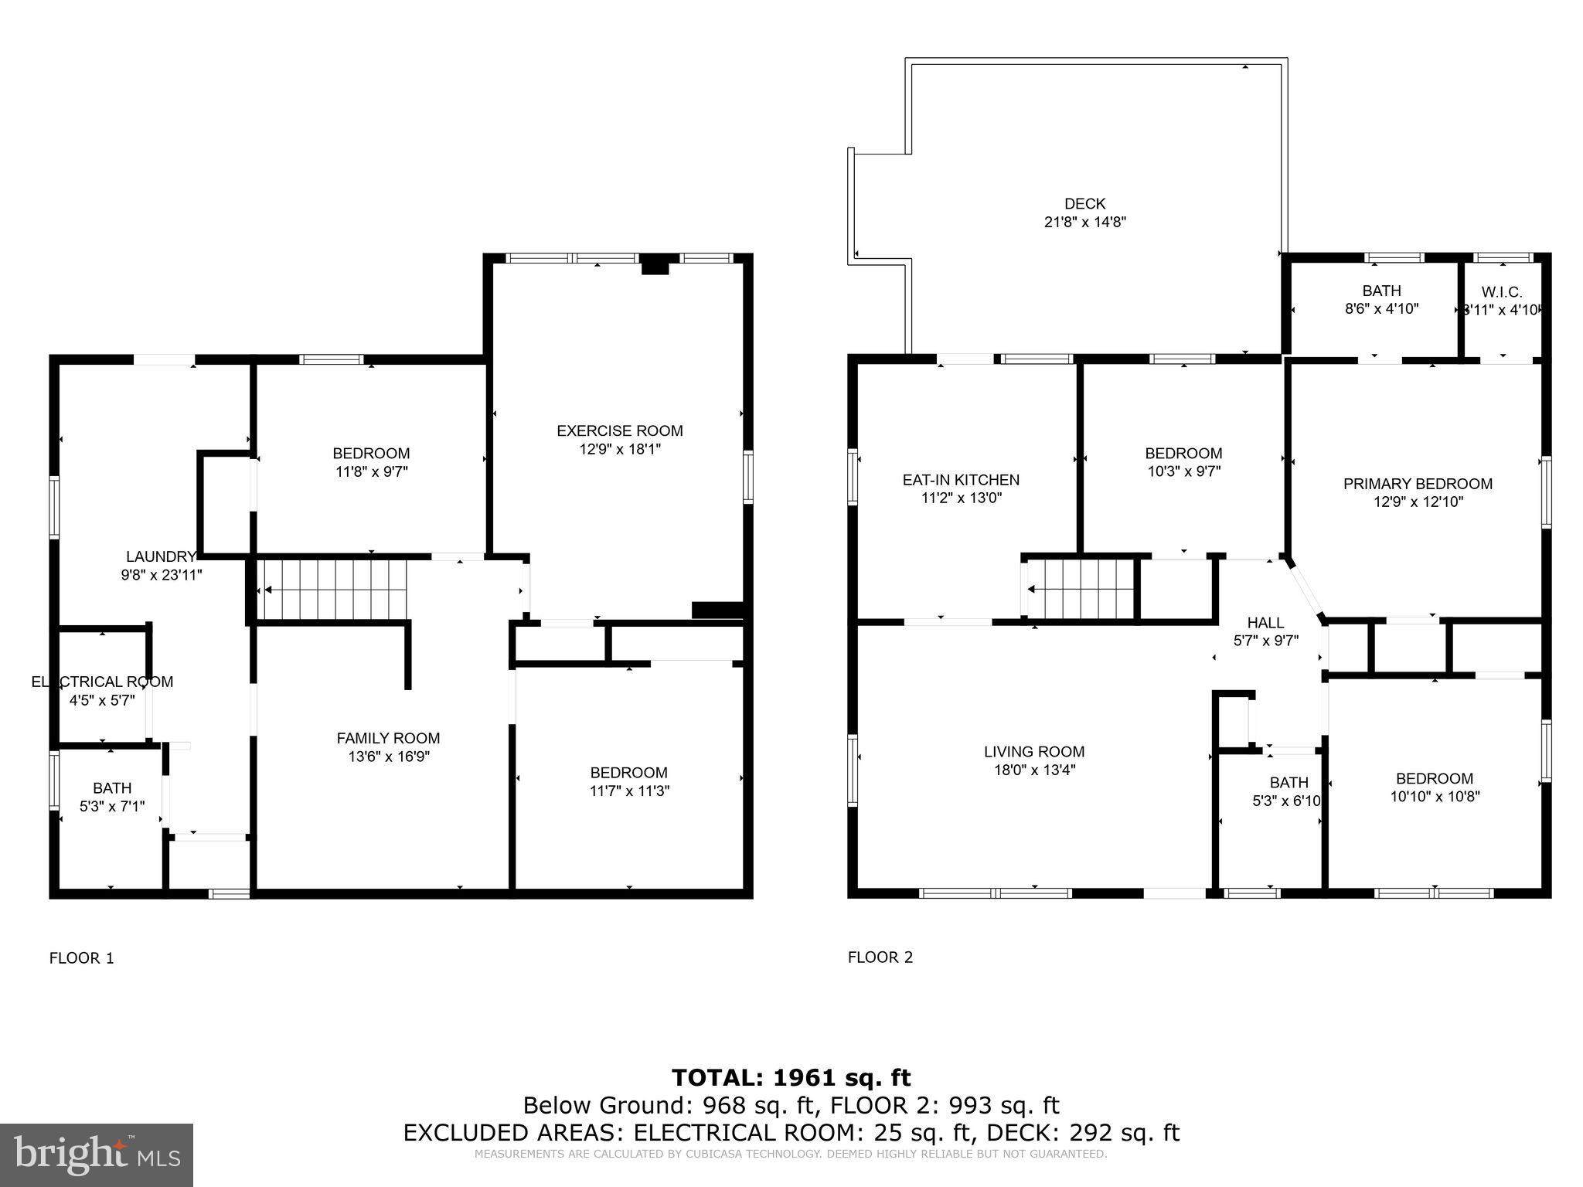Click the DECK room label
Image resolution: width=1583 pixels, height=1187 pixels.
(x=1084, y=204)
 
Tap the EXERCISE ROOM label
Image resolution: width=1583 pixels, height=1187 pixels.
(x=620, y=431)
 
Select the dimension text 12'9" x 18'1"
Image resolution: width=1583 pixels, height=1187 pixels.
(x=620, y=449)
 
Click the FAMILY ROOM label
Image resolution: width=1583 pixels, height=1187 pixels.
(x=388, y=739)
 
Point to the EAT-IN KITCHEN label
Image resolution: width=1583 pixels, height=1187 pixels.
(x=961, y=480)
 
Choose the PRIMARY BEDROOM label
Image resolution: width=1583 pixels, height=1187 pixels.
(x=1418, y=484)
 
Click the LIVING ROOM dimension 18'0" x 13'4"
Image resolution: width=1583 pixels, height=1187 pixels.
(x=1034, y=770)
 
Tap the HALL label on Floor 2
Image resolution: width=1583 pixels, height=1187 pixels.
(x=1265, y=623)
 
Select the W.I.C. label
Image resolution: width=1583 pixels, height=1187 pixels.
(x=1502, y=293)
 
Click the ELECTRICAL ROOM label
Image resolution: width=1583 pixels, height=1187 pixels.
(x=102, y=682)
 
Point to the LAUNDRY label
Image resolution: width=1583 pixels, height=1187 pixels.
(x=161, y=556)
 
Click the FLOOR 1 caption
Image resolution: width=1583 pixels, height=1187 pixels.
(x=81, y=958)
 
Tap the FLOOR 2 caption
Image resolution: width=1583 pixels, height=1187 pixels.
(x=880, y=957)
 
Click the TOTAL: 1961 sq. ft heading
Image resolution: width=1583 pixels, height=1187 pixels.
(x=791, y=1077)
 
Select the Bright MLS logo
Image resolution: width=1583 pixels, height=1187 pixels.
(x=97, y=1155)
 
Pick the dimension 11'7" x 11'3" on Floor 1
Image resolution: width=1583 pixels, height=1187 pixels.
(x=628, y=791)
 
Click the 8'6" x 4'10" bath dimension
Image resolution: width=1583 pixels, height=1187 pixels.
(x=1381, y=309)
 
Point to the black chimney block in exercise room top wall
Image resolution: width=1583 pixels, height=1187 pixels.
(x=655, y=265)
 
